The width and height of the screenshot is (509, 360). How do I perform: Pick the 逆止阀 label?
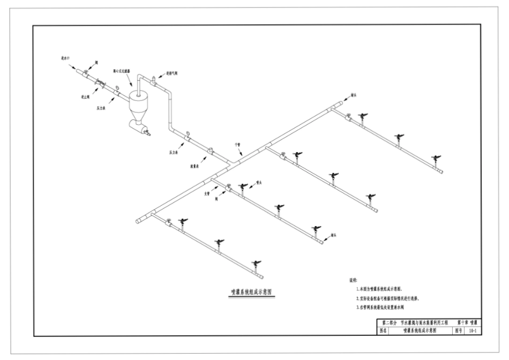[x=77, y=97]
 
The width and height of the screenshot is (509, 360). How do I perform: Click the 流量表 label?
[x=195, y=166]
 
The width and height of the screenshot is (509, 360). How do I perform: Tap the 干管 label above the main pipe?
[x=238, y=144]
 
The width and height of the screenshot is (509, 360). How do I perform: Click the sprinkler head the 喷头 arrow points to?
[x=244, y=186]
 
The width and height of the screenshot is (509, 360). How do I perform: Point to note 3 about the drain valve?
[x=387, y=307]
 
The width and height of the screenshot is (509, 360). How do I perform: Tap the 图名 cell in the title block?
[x=384, y=331]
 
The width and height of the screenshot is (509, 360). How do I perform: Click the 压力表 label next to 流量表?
[x=173, y=152]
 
